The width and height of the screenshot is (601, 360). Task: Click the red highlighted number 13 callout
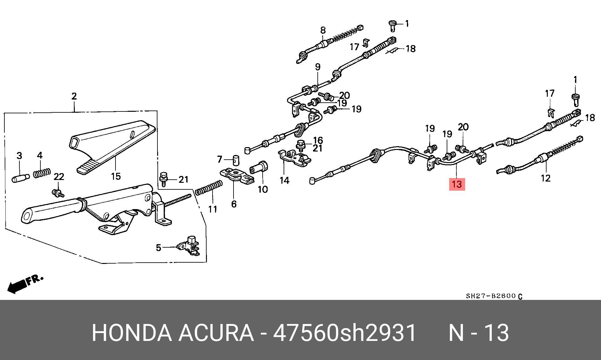[457, 184]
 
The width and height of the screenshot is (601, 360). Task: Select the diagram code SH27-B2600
[491, 296]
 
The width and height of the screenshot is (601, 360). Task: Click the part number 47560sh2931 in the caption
[345, 333]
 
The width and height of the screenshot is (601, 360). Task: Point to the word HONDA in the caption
[131, 333]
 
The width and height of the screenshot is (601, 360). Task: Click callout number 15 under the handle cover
[116, 176]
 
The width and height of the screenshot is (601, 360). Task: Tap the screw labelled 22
[58, 193]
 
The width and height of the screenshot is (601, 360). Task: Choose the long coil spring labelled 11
[209, 188]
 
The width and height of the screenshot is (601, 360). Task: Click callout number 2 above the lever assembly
[74, 96]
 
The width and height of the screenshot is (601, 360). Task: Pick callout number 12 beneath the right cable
[545, 178]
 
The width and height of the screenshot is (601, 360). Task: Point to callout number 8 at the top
[323, 30]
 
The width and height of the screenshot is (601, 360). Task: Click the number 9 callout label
[317, 67]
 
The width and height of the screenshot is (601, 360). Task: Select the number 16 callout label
[318, 140]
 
